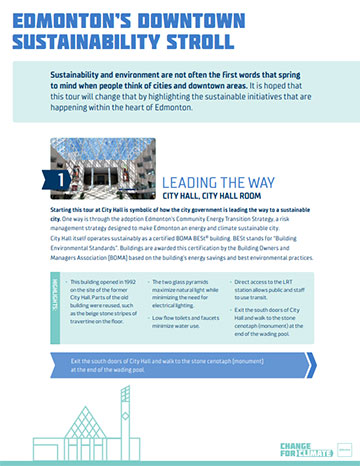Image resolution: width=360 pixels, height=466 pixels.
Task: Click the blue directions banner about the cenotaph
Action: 180,336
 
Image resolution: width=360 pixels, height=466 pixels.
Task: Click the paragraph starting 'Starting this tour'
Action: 180,200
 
